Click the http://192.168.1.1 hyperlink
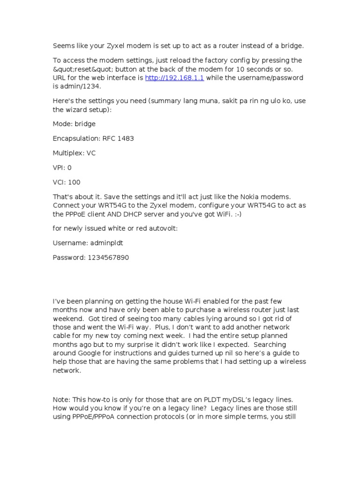(x=174, y=78)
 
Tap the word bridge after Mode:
(x=85, y=124)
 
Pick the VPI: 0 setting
(x=62, y=168)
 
